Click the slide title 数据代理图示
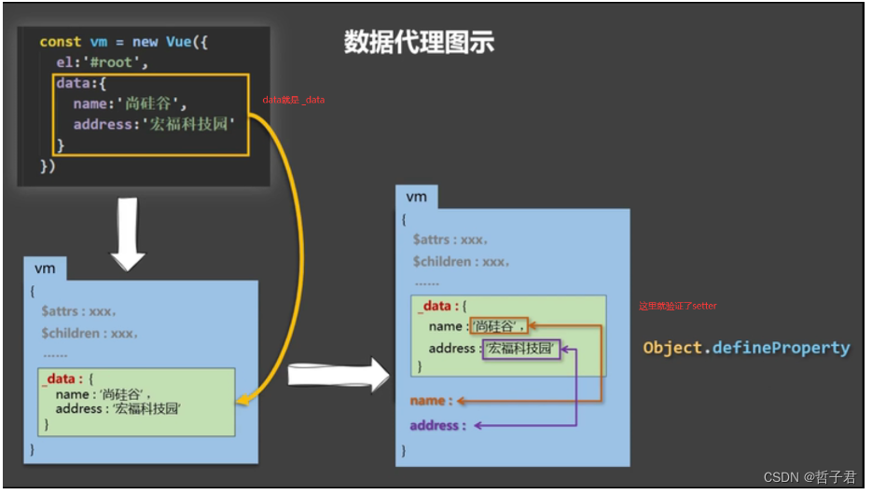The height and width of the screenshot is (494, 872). tap(419, 42)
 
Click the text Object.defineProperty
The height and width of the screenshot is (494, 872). tap(746, 348)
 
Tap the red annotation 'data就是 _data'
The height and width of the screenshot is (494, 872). tap(293, 100)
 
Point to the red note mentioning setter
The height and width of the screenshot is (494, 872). tap(678, 306)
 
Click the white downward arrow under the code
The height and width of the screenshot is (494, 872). tap(128, 230)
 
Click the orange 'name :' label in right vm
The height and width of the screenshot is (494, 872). tap(432, 400)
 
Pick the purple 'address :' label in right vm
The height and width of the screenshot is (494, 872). tap(436, 425)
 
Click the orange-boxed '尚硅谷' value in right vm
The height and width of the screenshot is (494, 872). tap(497, 326)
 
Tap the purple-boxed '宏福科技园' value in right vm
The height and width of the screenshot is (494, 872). tap(522, 350)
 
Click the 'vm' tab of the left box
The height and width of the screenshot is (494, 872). tap(45, 268)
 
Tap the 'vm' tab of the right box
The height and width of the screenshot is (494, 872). tap(417, 197)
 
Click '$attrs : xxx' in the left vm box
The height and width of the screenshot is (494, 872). tap(78, 310)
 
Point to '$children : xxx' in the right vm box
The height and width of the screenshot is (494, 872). tap(461, 262)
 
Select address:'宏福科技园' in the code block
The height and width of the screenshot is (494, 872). tap(154, 124)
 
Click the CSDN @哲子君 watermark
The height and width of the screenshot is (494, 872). tap(809, 476)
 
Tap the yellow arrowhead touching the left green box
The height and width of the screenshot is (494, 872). tap(241, 399)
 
